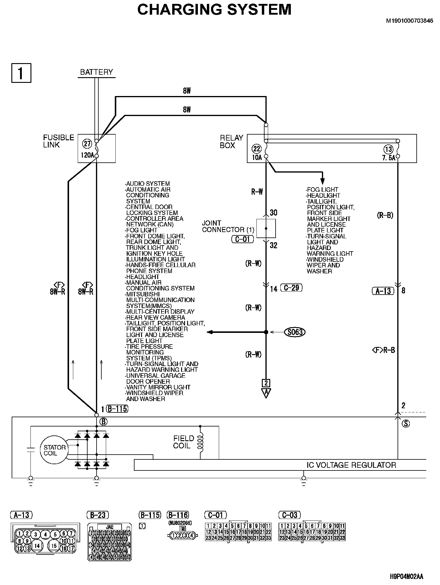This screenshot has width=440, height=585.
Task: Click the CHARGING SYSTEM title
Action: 214,10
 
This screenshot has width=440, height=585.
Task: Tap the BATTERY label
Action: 97,72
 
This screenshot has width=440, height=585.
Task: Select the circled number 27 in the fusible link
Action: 87,144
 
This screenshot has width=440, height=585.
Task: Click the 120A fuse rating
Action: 87,155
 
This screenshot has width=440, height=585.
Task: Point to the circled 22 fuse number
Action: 256,149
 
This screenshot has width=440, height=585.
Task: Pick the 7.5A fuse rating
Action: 388,158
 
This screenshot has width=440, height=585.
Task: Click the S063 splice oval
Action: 295,332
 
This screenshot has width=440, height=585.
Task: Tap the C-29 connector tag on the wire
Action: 291,288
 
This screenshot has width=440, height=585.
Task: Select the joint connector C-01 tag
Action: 242,239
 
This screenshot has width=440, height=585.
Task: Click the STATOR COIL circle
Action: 54,450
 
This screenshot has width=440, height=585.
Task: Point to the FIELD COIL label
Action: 184,442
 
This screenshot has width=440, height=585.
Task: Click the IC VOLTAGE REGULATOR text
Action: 351,465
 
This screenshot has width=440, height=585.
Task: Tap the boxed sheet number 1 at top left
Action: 21,73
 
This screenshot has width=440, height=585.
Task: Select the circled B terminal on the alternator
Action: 103,422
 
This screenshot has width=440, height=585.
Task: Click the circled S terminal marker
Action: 406,423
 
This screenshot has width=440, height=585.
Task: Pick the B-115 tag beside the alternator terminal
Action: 117,409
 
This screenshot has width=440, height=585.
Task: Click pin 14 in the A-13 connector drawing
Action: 37,546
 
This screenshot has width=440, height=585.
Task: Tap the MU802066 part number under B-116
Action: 180,523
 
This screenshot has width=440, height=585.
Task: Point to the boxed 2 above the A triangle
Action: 266,383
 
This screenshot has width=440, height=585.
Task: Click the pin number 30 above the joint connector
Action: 274,213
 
